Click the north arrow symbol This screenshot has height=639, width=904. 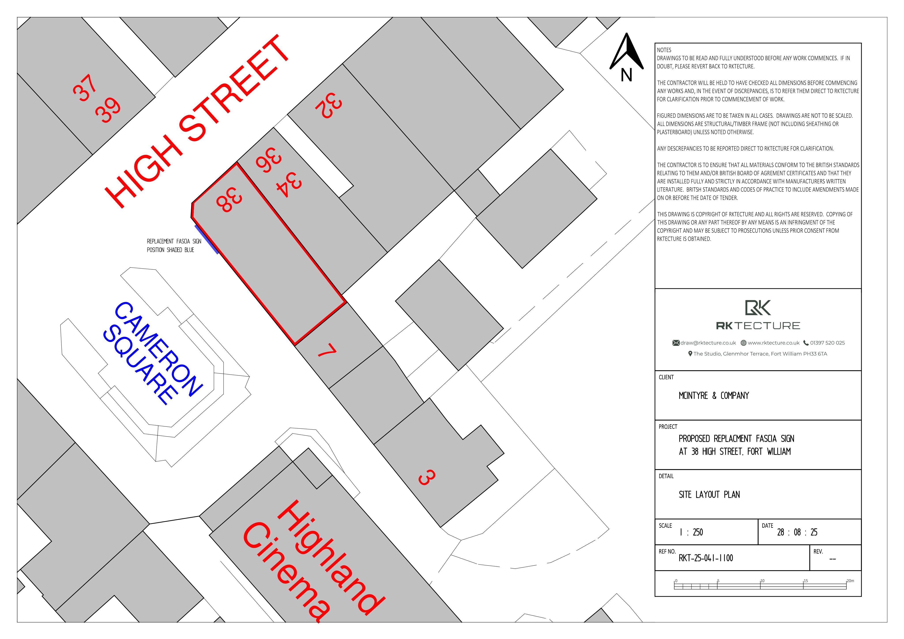tap(626, 53)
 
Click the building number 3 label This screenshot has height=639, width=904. tap(426, 477)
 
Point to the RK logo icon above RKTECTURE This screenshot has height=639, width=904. tap(757, 308)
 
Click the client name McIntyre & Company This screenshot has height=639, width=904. tap(714, 396)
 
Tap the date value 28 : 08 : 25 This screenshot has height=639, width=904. tap(797, 532)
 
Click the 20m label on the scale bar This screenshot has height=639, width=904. tap(850, 581)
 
